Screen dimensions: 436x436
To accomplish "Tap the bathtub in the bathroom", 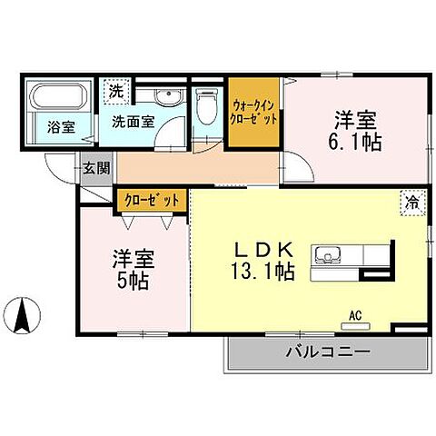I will [57, 97].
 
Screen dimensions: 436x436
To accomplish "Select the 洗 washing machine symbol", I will [116, 92].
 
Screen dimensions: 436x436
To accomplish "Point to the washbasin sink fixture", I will [165, 97].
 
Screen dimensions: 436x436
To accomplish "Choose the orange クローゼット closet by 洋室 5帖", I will [152, 199].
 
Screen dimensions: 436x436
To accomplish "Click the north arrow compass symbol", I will [25, 315].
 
